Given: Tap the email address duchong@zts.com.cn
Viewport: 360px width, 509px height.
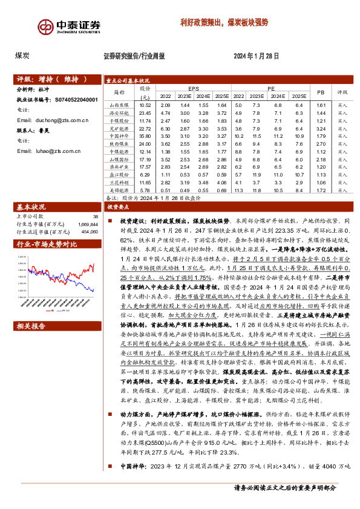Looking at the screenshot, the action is coord(56,120).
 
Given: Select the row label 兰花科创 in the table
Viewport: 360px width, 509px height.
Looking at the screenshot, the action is coord(118,182).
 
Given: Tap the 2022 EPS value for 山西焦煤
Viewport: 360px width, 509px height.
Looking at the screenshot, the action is coord(165,106).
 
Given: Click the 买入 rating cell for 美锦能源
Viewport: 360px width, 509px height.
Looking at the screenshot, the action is coord(343,190).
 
